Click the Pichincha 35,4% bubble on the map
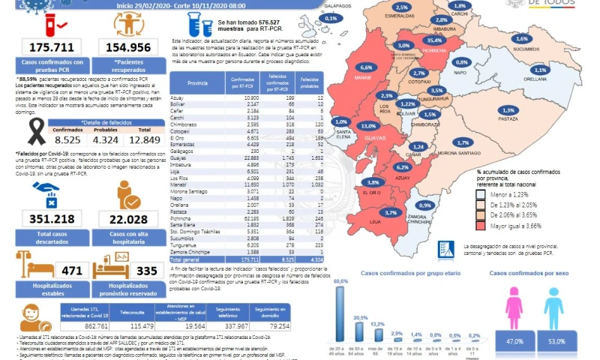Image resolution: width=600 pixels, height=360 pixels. pos(433,40)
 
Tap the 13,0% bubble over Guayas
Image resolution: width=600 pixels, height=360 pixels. pos(368,125)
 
